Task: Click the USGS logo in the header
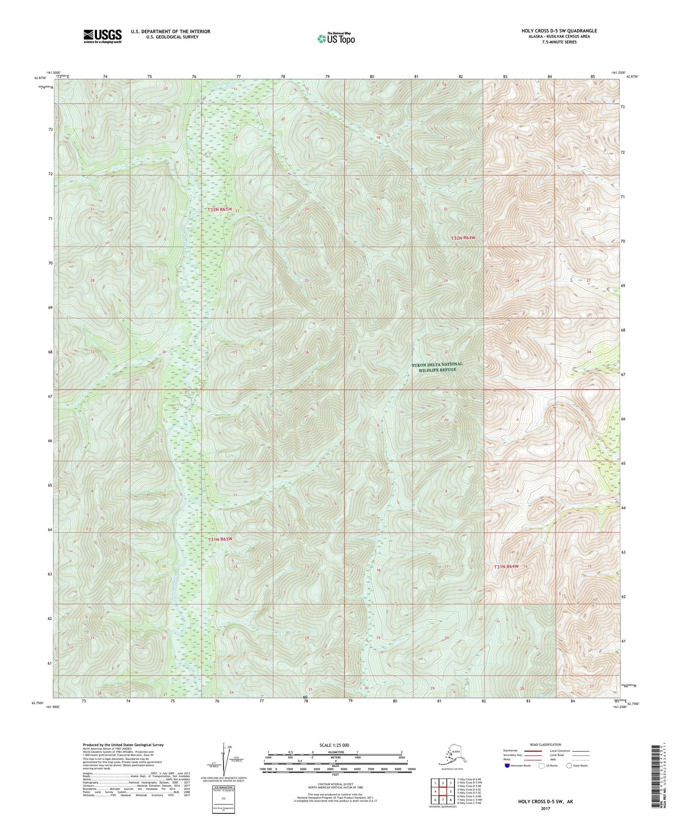[x=102, y=36]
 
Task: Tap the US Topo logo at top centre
[x=335, y=38]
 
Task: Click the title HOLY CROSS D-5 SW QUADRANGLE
[x=559, y=31]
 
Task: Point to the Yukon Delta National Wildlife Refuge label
[x=437, y=367]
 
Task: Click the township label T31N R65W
[x=220, y=539]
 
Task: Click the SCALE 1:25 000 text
[x=335, y=745]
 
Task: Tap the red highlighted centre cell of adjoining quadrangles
[x=442, y=792]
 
